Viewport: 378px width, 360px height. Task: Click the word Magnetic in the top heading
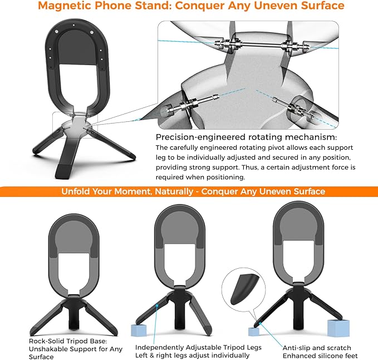coord(65,6)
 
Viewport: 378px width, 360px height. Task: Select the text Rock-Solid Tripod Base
coord(68,341)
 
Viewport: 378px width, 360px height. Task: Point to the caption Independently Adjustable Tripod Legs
coord(198,347)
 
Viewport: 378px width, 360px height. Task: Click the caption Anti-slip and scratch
coord(317,348)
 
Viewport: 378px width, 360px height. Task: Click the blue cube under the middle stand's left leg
coord(139,331)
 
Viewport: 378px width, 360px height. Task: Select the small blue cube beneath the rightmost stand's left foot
coord(254,332)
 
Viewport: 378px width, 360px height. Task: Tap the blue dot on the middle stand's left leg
coord(157,305)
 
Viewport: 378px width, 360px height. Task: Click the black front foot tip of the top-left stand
coord(63,171)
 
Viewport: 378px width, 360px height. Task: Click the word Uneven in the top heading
coord(275,6)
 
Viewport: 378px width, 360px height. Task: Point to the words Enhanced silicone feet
coord(320,356)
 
